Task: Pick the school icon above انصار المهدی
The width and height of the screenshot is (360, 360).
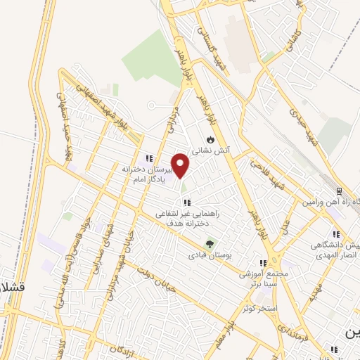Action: [336, 234]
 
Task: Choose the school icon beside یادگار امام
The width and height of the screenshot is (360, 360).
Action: [148, 158]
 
